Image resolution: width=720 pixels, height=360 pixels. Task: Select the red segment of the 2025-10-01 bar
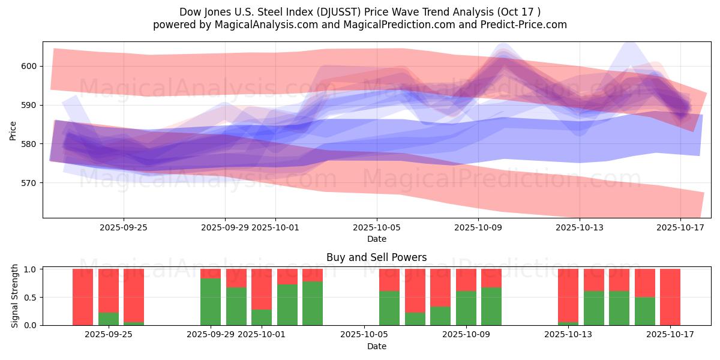tap(262, 289)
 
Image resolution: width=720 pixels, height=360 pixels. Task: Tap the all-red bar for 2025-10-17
tap(670, 297)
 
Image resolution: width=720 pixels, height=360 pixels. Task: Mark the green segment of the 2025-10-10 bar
tap(491, 306)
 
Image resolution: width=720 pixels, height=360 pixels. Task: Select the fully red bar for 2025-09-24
tap(83, 297)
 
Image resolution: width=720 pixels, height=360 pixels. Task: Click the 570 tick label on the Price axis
tap(29, 183)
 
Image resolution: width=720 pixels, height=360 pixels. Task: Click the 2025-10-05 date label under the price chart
tap(377, 227)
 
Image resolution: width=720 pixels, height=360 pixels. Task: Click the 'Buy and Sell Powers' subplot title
tap(377, 257)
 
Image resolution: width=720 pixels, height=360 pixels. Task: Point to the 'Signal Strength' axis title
tap(16, 297)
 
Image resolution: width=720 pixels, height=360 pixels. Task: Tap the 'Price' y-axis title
tap(13, 130)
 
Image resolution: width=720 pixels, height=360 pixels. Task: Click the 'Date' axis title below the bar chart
tap(377, 346)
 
